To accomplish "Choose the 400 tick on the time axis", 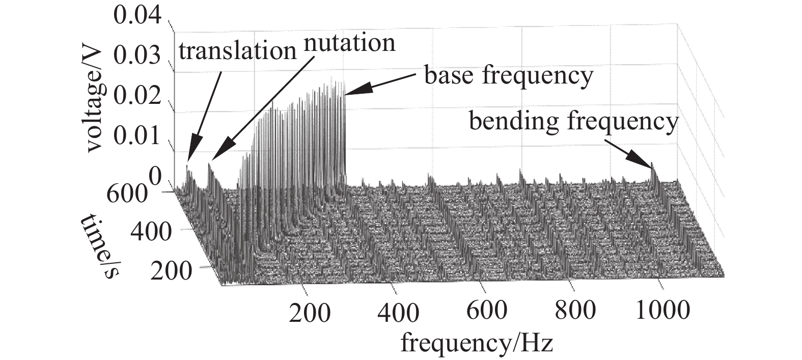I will click(x=151, y=232).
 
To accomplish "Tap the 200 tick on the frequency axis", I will click(x=310, y=312).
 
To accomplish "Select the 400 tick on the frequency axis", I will click(x=399, y=312).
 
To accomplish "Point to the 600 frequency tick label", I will click(x=487, y=310).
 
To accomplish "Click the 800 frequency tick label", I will click(x=575, y=310).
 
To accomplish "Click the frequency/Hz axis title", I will click(x=476, y=342).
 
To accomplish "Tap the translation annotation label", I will click(x=237, y=51).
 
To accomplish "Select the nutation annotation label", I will click(x=349, y=43).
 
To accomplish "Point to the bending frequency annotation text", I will click(x=573, y=122).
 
